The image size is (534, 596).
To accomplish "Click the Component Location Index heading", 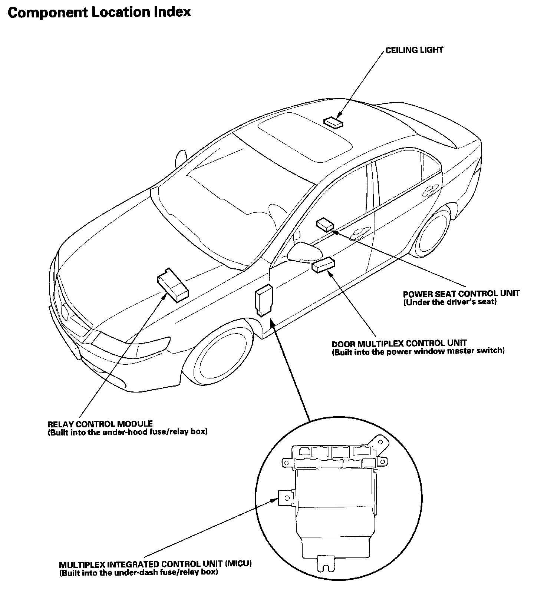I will point(99,12).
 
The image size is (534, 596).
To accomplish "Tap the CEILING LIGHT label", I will point(414,50).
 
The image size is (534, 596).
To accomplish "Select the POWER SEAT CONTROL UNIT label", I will point(461,294).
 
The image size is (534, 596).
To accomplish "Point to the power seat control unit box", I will point(324,225).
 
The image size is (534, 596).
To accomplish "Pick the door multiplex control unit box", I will point(323,266).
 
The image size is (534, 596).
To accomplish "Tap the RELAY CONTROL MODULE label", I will point(100,424).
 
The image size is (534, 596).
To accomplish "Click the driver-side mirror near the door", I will point(304,252).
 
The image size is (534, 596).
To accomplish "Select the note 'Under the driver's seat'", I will point(449,302).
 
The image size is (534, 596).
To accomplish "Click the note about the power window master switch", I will point(418,351).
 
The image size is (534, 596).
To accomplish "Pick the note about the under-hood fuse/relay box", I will point(128,432).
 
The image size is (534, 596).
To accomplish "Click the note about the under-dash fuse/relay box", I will point(138,573).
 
